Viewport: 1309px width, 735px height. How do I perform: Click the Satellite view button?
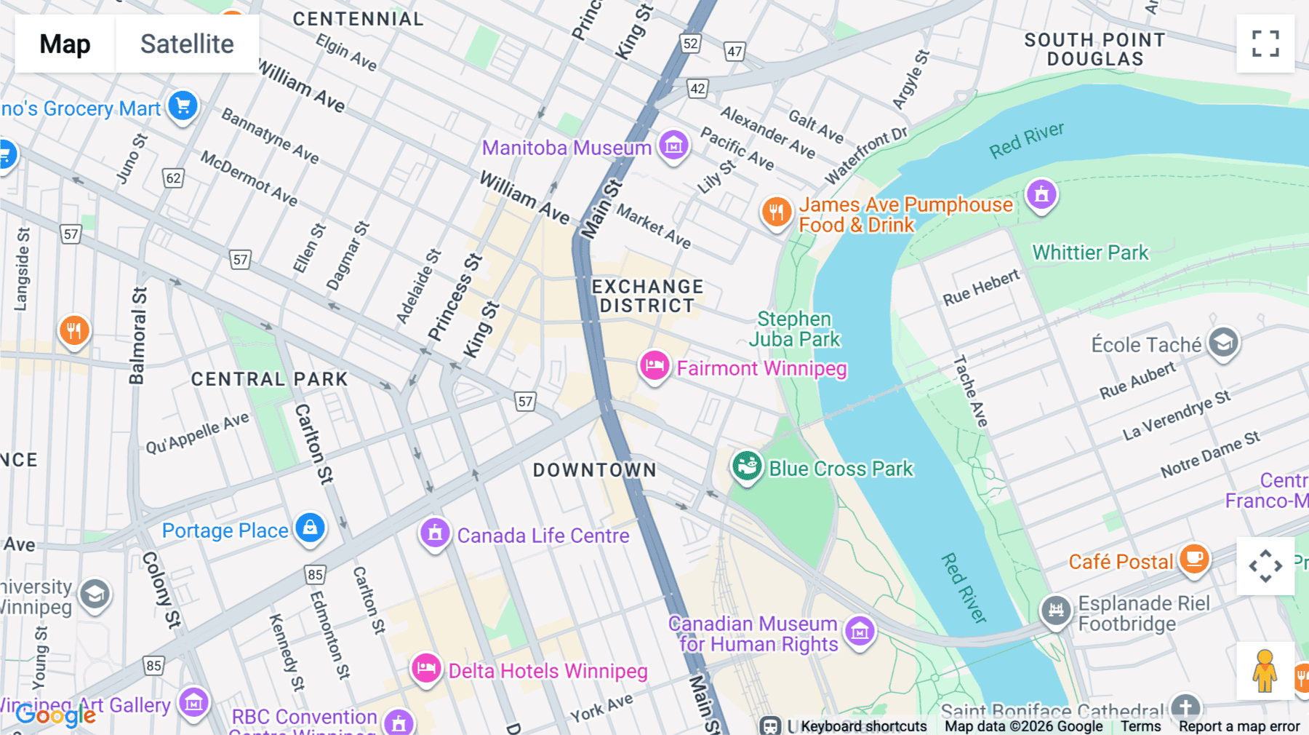click(x=187, y=44)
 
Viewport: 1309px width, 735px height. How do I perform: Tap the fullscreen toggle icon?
click(x=1265, y=44)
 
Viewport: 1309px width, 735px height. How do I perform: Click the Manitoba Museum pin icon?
click(x=673, y=146)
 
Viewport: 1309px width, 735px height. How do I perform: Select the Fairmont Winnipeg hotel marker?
click(x=654, y=366)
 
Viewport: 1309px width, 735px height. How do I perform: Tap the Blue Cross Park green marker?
click(x=747, y=466)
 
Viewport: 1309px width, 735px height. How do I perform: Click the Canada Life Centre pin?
click(x=435, y=533)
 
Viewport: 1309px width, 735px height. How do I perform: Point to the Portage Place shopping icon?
click(x=311, y=528)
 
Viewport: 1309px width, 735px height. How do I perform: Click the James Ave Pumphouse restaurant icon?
click(x=776, y=212)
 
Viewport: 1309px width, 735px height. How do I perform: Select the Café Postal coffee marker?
click(x=1193, y=559)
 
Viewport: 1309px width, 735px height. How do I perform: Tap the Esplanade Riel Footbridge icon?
click(x=1056, y=611)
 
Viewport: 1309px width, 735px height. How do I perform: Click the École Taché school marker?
click(x=1223, y=342)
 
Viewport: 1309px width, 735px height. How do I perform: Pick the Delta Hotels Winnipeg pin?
click(x=426, y=668)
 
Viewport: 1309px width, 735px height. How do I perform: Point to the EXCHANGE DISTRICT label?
click(x=647, y=296)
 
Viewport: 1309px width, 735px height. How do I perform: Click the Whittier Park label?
click(x=1090, y=253)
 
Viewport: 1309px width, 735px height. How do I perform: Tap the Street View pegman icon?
click(x=1265, y=671)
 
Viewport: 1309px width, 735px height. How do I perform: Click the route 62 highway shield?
click(x=173, y=178)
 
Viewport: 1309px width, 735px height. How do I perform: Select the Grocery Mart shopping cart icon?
click(x=183, y=106)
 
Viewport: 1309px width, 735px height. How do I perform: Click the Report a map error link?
click(x=1238, y=726)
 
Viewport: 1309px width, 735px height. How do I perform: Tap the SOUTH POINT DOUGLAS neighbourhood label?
click(x=1094, y=49)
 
